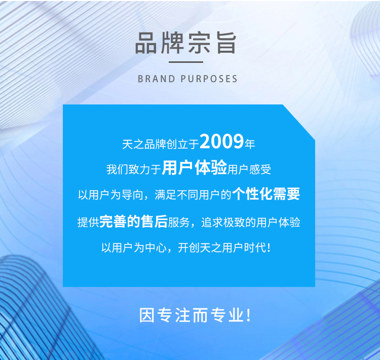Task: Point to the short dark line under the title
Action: coord(186,62)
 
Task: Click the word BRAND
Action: coord(157,79)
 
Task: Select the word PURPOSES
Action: coord(209,79)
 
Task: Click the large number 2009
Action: coord(221,141)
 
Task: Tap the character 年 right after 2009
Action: coord(250,144)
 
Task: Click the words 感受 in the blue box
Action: coord(260,169)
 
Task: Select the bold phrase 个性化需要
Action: coord(266,194)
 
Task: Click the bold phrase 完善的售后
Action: coord(134,221)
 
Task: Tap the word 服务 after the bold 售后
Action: coord(179,223)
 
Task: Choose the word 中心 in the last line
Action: coord(156,247)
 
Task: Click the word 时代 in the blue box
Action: coord(255,247)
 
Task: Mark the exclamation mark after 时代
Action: coord(268,247)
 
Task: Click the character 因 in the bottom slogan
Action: coord(147,315)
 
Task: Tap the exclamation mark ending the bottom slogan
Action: coord(248,315)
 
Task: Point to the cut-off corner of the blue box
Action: coord(299,122)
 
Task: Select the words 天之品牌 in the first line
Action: coord(144,144)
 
